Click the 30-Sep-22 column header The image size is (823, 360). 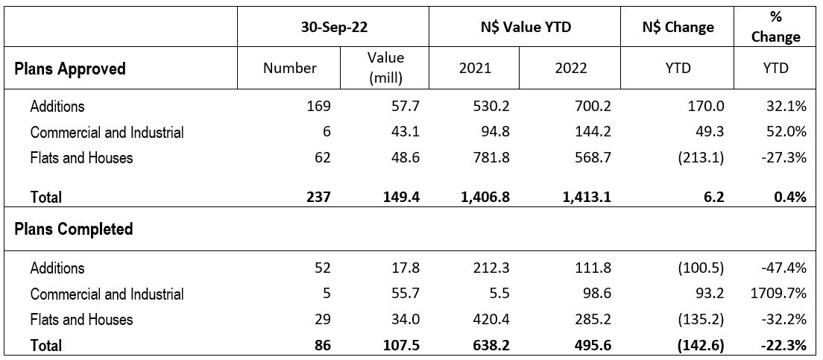[x=332, y=28]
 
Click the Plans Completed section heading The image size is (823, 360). [x=74, y=229]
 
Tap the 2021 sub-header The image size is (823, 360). [x=476, y=69]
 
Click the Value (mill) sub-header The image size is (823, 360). [x=385, y=68]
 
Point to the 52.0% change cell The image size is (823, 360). [x=787, y=133]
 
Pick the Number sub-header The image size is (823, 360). [x=290, y=69]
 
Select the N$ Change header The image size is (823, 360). [x=678, y=28]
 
